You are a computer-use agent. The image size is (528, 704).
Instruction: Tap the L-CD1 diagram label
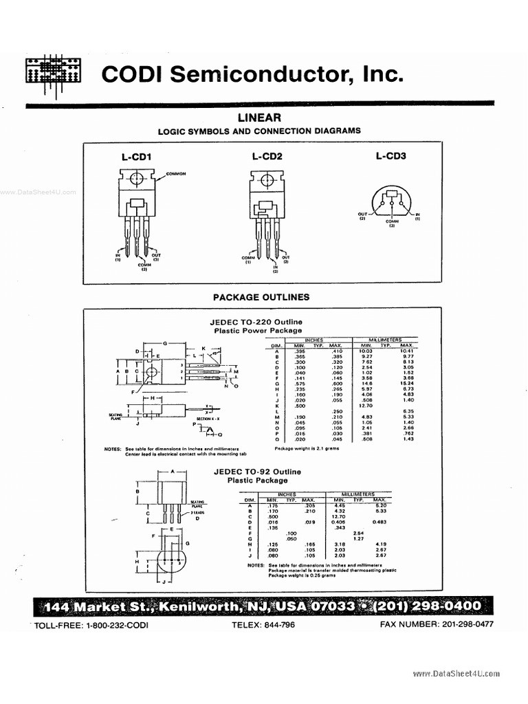(136, 157)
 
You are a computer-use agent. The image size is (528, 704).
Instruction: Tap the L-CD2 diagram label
(267, 157)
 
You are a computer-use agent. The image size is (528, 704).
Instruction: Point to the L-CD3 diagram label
(390, 156)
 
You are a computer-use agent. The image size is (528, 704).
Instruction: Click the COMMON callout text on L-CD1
(177, 174)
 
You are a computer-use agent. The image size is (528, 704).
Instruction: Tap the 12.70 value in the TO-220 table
(365, 406)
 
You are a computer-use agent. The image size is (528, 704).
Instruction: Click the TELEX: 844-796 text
(263, 625)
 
